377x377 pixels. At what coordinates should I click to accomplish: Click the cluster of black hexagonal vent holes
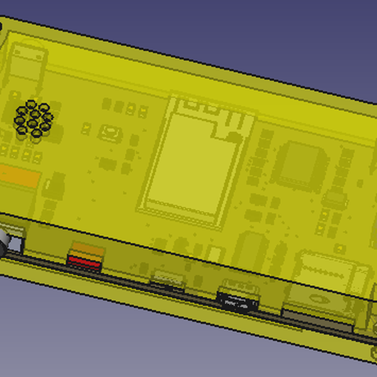click(x=32, y=119)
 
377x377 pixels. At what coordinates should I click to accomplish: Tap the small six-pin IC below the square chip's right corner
click(x=334, y=200)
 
